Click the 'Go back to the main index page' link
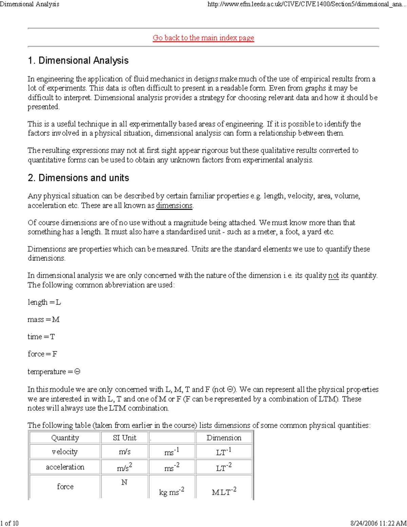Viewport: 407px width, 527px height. tap(203, 38)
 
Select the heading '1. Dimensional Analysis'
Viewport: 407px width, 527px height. tap(78, 60)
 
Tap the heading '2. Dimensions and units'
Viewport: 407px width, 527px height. tap(78, 178)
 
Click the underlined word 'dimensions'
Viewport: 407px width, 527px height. tap(174, 205)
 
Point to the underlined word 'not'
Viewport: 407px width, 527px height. tap(333, 275)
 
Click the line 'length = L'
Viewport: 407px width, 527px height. tap(44, 302)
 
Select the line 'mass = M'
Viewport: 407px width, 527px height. tap(43, 320)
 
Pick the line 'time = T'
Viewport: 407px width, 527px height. tap(41, 337)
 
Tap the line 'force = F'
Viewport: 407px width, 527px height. tap(42, 354)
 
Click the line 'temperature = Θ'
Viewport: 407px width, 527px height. tap(54, 372)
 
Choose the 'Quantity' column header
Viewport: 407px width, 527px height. tap(65, 438)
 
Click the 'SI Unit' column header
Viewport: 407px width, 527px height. tap(124, 438)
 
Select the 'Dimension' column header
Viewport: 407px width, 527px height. tap(224, 438)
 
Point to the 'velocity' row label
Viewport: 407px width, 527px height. tap(65, 452)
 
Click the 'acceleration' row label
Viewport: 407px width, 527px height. tap(65, 467)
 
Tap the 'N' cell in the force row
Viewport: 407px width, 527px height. tap(124, 482)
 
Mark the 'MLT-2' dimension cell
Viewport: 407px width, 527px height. tap(224, 491)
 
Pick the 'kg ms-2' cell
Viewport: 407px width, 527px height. tap(172, 491)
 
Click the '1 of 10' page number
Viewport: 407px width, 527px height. tap(9, 523)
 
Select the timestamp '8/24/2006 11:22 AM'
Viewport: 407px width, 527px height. tap(379, 523)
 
